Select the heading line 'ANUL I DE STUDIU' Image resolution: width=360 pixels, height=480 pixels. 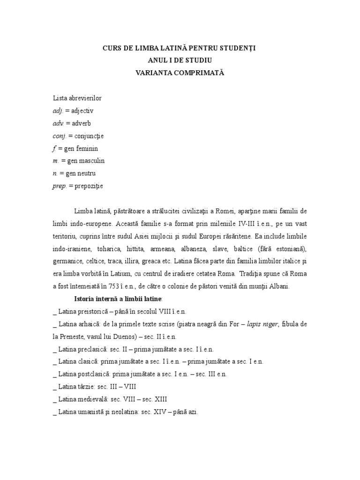[180, 60]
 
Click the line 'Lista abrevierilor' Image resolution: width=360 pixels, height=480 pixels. [77, 98]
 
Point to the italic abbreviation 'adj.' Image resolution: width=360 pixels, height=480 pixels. [58, 111]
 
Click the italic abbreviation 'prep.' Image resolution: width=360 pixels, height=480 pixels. [60, 186]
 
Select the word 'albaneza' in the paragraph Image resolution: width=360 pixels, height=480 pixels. [215, 248]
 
